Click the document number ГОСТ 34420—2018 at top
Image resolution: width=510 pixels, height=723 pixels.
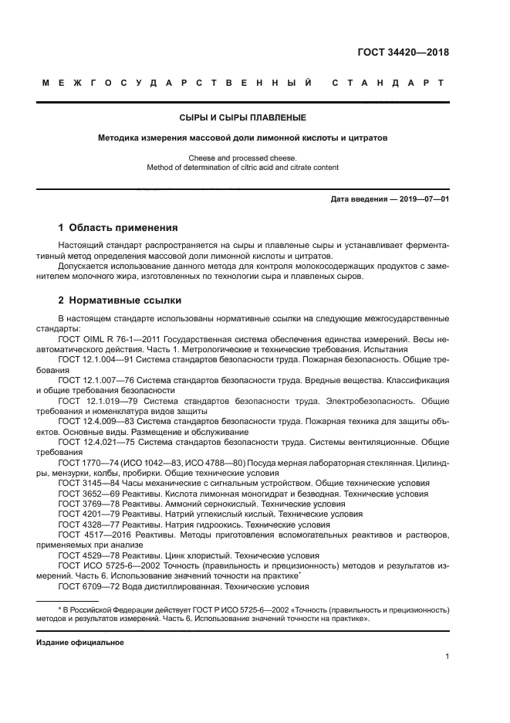click(403, 53)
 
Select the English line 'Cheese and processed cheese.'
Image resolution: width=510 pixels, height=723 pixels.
click(242, 158)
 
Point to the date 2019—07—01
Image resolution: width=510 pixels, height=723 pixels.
click(421, 199)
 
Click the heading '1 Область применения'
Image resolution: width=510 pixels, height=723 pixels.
click(118, 228)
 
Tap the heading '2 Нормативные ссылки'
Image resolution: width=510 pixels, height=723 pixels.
click(120, 300)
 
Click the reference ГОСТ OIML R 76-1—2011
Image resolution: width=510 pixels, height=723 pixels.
click(111, 338)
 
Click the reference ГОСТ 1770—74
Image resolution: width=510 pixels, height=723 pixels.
click(84, 462)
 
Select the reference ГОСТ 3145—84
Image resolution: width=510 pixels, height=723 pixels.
click(84, 483)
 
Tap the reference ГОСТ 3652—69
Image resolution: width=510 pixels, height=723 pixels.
click(84, 493)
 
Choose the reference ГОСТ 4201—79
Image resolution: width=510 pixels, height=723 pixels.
click(84, 514)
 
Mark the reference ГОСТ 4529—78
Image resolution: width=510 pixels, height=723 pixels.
click(84, 555)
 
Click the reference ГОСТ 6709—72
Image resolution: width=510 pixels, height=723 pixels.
click(84, 586)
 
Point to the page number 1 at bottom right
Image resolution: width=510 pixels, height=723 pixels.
click(447, 657)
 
